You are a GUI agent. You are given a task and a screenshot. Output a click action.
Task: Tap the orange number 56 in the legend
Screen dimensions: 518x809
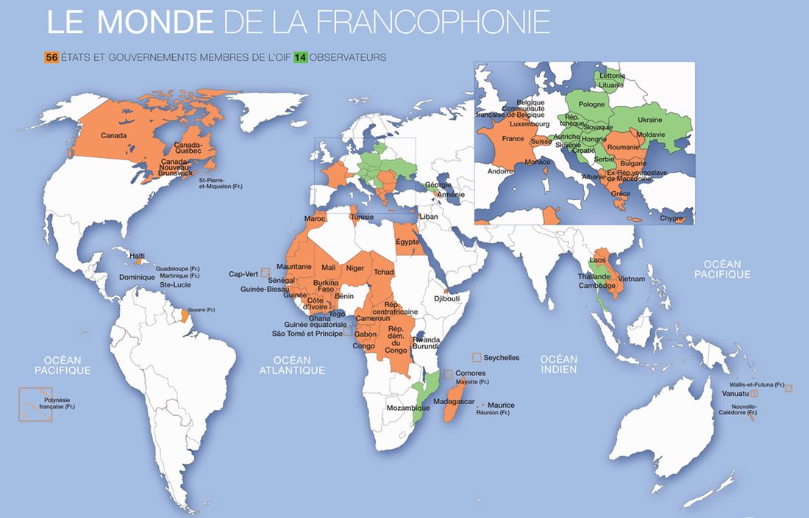click(51, 56)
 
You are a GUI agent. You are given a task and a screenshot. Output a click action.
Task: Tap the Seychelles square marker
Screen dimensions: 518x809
click(477, 357)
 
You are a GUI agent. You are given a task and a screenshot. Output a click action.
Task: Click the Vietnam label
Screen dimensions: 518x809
click(632, 279)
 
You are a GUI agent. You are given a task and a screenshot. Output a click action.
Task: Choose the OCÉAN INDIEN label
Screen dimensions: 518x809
click(558, 364)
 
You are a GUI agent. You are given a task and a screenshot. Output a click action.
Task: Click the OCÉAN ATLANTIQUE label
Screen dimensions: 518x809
click(292, 365)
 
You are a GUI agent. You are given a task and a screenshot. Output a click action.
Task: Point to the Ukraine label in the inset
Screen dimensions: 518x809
click(649, 120)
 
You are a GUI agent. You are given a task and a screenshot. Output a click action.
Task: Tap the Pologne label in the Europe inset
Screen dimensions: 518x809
click(592, 104)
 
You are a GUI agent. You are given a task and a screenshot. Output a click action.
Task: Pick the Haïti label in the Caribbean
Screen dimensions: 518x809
click(137, 256)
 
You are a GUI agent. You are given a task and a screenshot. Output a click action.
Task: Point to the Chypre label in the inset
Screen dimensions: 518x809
click(672, 218)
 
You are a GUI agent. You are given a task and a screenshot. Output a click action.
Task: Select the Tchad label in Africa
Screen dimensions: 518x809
click(384, 273)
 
